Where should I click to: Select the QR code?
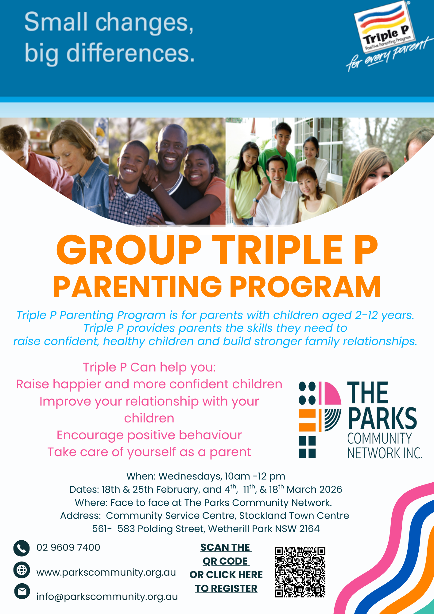point(300,572)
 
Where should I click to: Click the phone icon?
point(21,548)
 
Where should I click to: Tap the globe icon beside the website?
point(21,570)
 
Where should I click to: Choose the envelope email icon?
point(22,591)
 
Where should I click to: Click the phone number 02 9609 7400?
point(68,547)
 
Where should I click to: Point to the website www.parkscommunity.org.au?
point(106,573)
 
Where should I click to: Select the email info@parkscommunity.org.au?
point(107,597)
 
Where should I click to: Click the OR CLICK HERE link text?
point(226,575)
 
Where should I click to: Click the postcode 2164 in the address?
point(309,529)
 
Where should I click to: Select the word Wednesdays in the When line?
point(190,476)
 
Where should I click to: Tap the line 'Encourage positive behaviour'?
point(149,435)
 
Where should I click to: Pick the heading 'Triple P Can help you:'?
point(149,367)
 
